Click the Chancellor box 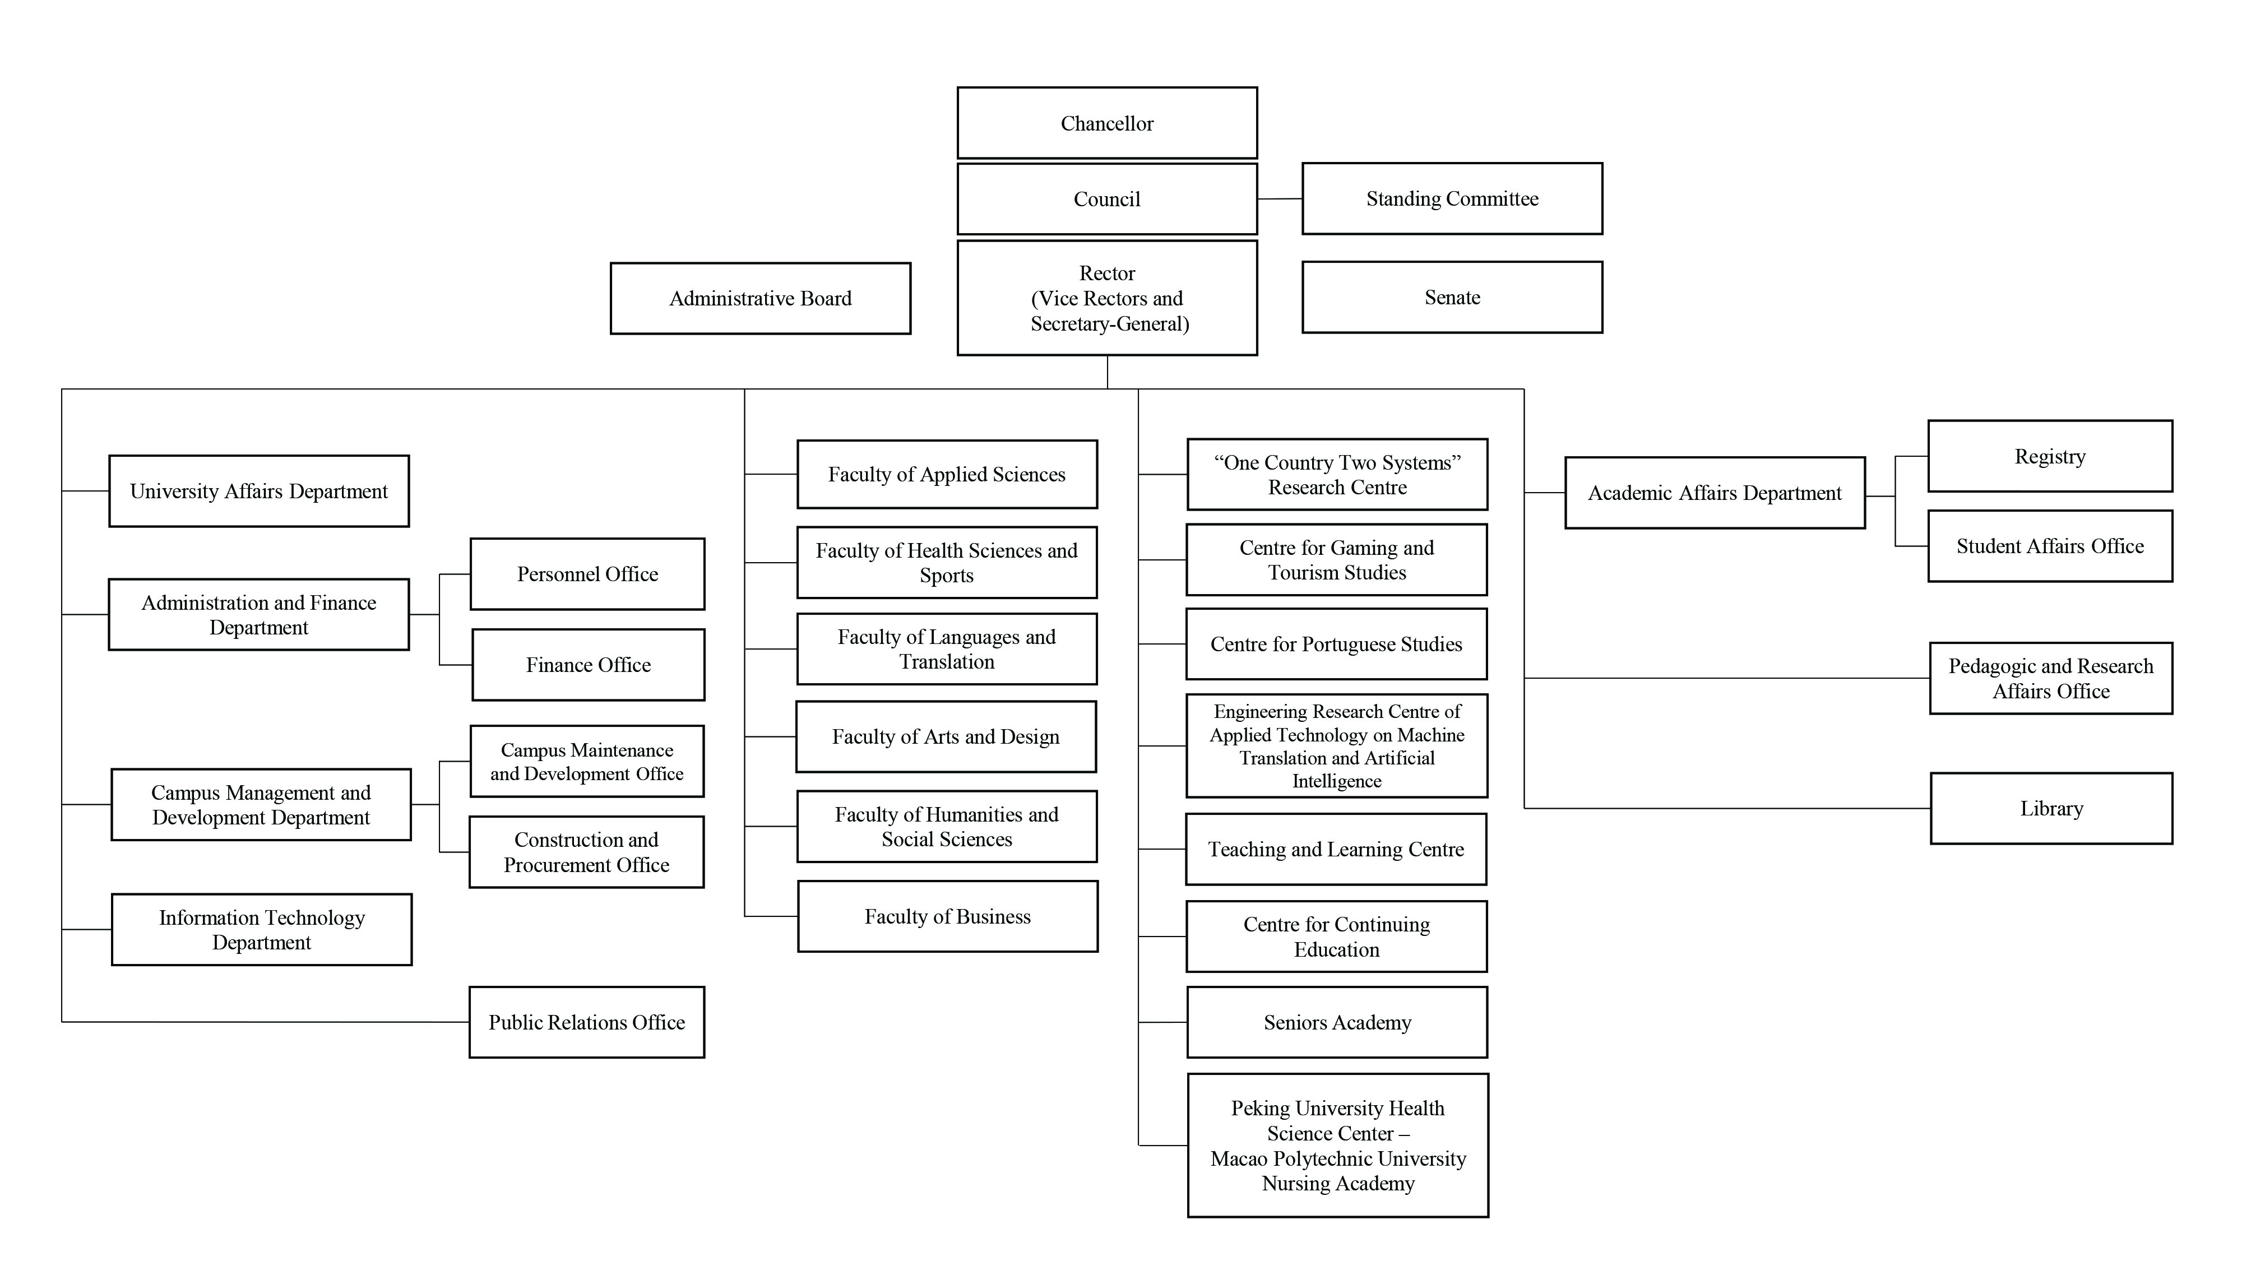coord(1106,123)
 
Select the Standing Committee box coord(1451,198)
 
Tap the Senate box coord(1451,297)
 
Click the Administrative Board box coord(760,299)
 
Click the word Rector coord(1106,273)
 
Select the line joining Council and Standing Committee coord(1280,200)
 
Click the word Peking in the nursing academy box coord(1258,1108)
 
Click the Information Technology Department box coord(261,929)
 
